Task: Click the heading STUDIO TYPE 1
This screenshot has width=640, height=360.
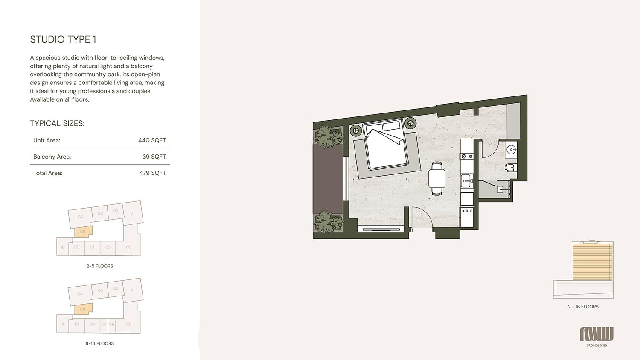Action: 63,39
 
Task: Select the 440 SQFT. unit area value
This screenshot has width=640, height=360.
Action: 152,140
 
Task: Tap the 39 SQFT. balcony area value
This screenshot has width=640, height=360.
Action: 154,157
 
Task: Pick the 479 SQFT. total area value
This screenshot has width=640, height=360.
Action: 153,173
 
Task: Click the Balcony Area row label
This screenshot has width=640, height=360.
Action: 52,157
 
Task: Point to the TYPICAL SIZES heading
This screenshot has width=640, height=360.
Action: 57,123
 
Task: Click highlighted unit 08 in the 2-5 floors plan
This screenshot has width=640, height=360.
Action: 83,232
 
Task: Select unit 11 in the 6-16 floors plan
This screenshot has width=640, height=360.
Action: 63,324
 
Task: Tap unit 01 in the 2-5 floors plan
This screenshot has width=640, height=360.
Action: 133,213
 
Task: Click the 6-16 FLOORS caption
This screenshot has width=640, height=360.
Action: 99,343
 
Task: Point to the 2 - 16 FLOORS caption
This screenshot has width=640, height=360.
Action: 583,307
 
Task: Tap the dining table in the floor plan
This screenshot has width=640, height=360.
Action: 437,179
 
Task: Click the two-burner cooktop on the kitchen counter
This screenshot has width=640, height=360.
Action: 467,156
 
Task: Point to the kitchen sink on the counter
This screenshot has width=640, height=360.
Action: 467,180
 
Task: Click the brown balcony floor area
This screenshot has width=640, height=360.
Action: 328,179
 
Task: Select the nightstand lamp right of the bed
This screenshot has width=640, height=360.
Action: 410,123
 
